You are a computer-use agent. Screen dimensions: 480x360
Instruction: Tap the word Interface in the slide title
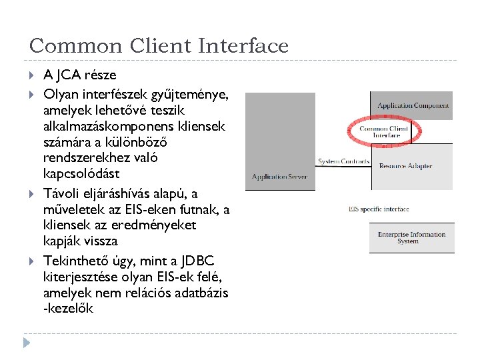tap(243, 46)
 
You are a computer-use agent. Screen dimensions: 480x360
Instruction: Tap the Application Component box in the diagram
tap(413, 105)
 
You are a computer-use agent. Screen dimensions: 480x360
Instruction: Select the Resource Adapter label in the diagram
tap(405, 166)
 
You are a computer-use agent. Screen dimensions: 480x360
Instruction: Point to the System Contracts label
tap(343, 161)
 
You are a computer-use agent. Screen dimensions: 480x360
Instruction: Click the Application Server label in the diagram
tap(279, 177)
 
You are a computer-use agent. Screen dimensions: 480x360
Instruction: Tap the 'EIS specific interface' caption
tap(378, 209)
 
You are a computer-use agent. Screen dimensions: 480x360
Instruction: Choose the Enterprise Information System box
tap(411, 238)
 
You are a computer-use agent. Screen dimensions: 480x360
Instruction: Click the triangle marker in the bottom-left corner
tap(27, 343)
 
